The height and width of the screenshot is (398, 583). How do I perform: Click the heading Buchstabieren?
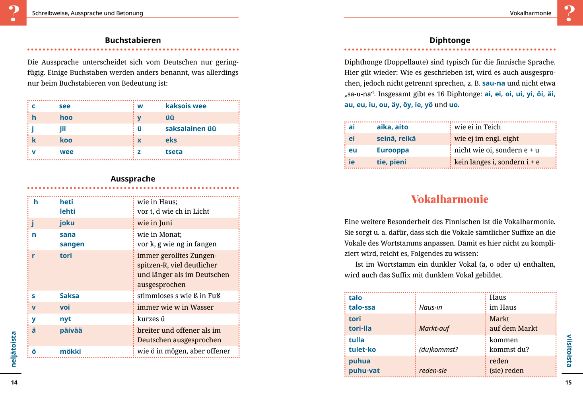tap(133, 40)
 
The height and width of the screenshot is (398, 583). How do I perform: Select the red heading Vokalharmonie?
tap(450, 199)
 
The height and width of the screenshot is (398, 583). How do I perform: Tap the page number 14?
tap(14, 382)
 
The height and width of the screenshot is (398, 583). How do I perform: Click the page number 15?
tap(568, 382)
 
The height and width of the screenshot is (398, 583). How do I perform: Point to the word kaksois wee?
tap(186, 106)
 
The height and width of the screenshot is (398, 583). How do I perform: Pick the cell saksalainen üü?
tap(190, 129)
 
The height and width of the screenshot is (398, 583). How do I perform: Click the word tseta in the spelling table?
tap(174, 152)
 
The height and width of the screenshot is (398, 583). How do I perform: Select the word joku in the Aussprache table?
tap(67, 223)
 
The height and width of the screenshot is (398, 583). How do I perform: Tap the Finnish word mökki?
tap(70, 351)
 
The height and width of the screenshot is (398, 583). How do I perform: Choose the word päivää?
tap(71, 330)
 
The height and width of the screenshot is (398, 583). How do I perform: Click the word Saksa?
tap(69, 296)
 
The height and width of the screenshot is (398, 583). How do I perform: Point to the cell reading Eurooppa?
tap(393, 150)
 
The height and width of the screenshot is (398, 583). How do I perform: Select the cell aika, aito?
tap(392, 127)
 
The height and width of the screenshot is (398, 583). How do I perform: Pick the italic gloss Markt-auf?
tap(434, 328)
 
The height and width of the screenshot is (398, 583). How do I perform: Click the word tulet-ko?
tap(362, 349)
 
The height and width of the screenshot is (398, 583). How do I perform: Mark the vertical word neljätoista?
tap(14, 349)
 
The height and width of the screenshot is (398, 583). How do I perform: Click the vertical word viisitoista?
tap(569, 351)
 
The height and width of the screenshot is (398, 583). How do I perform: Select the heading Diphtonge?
tap(450, 40)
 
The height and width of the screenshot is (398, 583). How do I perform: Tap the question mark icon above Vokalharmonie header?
tap(570, 13)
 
